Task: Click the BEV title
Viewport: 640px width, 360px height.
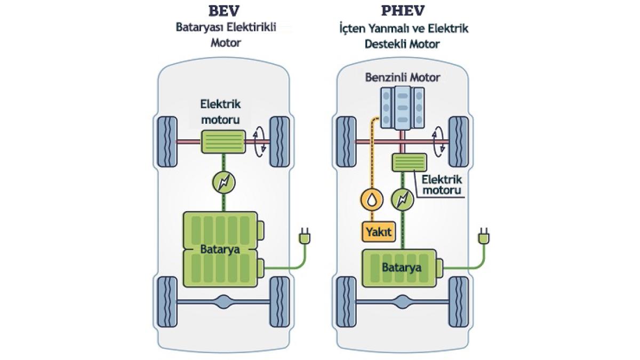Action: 224,11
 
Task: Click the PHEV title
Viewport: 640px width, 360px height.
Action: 403,11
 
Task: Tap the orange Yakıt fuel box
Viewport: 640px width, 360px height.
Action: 379,231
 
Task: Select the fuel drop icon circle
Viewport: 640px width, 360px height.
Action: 372,199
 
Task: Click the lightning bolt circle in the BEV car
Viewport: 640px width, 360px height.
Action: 223,182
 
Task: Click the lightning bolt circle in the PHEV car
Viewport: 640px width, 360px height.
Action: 403,199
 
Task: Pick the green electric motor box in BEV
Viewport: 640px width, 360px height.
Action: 223,142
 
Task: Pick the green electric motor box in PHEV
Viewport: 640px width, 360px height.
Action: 410,163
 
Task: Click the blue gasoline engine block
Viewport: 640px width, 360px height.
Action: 402,108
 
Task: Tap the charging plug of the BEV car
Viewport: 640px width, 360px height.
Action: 305,236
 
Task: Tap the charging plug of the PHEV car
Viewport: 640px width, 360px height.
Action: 483,236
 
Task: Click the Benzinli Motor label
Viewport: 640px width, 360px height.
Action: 403,77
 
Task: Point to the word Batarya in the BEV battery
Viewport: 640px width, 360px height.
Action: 220,249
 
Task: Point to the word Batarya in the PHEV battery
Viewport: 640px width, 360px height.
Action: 402,267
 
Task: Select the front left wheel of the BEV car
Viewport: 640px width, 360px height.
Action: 167,142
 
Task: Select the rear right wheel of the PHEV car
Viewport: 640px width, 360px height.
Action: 459,302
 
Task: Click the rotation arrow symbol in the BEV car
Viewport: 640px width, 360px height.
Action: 260,142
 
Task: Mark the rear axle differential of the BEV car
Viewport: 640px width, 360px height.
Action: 223,302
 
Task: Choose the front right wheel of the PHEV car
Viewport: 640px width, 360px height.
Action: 459,142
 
